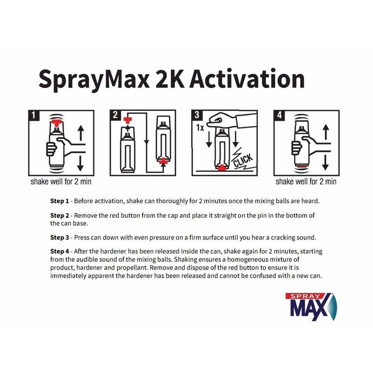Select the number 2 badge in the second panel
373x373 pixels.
point(115,116)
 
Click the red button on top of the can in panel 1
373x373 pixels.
point(57,123)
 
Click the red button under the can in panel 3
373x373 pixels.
point(223,167)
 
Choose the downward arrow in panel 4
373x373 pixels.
point(326,161)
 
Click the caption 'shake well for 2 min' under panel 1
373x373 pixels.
point(61,182)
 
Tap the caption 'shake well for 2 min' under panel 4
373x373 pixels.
point(306,182)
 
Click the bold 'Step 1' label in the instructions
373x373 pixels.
point(60,201)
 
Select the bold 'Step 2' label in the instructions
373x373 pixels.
point(60,216)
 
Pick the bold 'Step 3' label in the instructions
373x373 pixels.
point(60,237)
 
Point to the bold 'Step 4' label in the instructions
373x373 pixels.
point(60,252)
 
